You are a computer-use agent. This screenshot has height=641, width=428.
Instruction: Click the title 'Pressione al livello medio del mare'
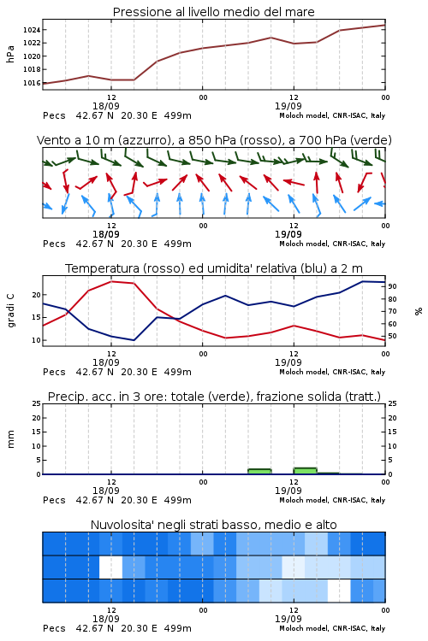213,12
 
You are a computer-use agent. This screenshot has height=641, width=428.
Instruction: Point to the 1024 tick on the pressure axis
32,30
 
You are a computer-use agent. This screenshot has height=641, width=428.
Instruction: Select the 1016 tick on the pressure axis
32,83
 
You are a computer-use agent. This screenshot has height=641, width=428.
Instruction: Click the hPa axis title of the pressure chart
10,54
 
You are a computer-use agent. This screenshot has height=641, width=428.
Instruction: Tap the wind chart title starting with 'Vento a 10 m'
214,140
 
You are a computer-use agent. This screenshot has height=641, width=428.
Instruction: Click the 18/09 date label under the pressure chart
106,106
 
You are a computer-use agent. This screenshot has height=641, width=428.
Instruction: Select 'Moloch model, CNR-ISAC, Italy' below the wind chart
332,244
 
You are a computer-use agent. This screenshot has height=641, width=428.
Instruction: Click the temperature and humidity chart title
214,268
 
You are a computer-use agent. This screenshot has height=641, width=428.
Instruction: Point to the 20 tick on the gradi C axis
37,295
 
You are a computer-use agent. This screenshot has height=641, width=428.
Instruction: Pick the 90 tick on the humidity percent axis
392,286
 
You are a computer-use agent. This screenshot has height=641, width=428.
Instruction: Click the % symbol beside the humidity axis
419,311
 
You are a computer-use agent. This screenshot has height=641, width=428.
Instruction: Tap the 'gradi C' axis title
11,311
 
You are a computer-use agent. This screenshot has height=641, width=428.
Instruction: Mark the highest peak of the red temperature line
111,282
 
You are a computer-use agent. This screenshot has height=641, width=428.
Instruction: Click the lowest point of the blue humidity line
134,340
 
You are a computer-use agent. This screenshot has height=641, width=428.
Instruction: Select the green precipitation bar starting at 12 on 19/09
305,471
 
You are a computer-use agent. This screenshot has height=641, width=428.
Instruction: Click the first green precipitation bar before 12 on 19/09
259,471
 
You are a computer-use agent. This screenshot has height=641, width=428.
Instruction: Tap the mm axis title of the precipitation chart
10,439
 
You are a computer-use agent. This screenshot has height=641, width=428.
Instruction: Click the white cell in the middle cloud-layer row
111,567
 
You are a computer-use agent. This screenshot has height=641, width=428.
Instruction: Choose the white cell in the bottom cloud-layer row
339,591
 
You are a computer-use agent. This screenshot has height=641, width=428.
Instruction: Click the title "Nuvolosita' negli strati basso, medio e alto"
214,525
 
